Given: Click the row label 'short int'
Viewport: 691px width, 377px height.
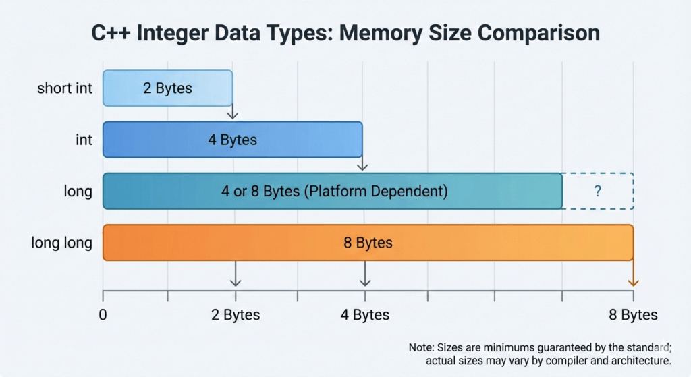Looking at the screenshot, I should pos(65,88).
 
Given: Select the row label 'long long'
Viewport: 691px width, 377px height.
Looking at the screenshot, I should pos(61,242).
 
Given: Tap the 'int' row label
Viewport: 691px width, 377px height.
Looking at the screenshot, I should pos(84,140).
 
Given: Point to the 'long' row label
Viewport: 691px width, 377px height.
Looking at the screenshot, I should pos(78,191).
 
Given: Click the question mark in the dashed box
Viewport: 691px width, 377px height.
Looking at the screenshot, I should pos(597,191).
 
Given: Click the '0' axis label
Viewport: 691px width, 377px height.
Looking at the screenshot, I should pos(103,315).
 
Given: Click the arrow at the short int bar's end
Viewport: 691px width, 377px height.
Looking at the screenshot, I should pos(233,111).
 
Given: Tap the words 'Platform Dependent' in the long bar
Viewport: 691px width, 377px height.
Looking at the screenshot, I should pos(376,191).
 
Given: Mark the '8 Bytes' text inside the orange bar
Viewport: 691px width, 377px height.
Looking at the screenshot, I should pos(368,242).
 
